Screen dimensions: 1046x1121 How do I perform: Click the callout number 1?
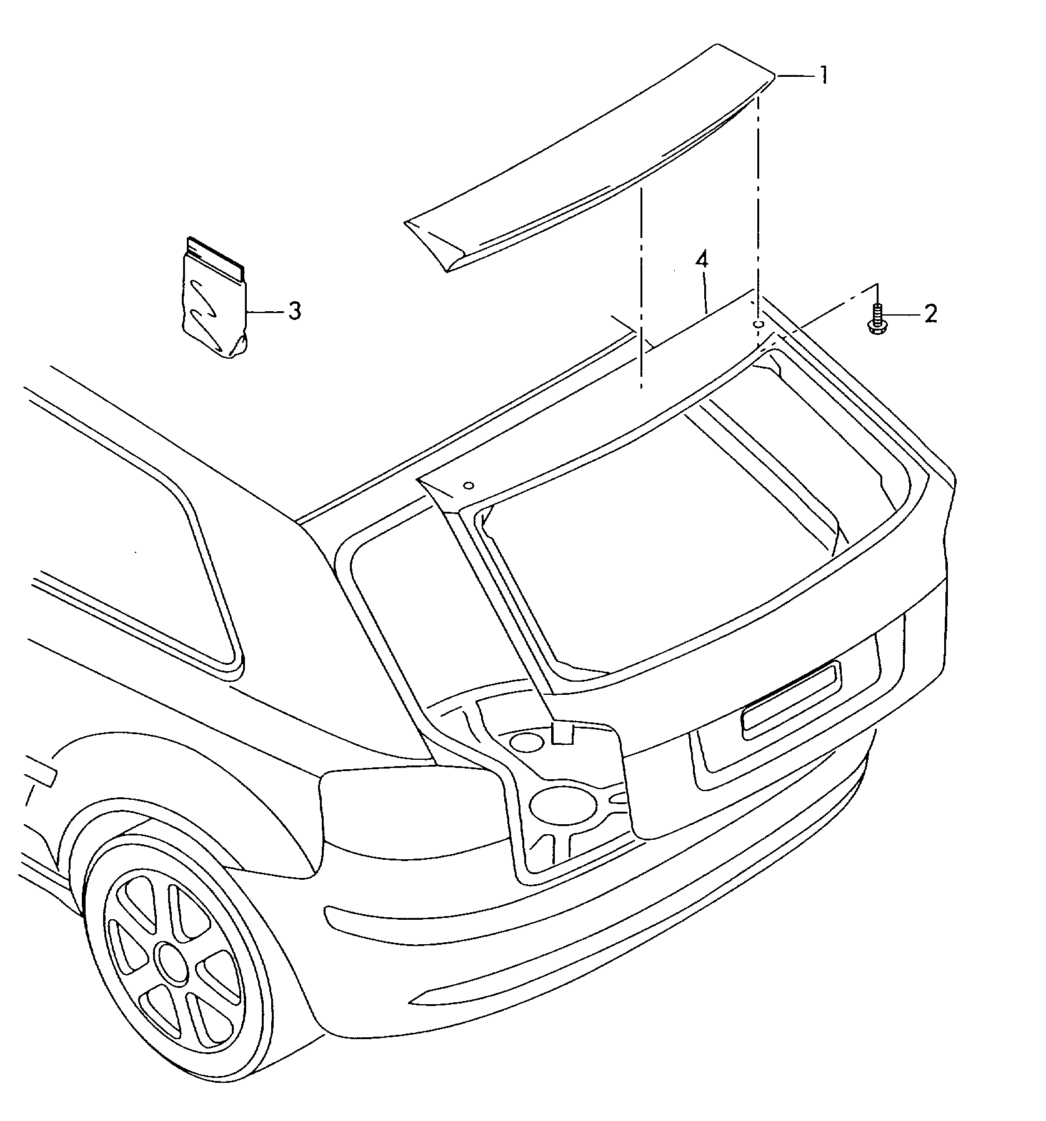(824, 76)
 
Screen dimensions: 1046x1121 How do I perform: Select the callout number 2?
(930, 314)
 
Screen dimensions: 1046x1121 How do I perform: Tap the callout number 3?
(294, 311)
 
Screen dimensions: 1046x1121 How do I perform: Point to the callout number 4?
(702, 260)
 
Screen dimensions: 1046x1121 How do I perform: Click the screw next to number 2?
(876, 319)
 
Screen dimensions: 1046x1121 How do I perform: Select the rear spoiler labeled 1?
(590, 158)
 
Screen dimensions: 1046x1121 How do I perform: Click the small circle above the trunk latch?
(527, 743)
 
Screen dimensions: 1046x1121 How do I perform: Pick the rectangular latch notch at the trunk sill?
(563, 733)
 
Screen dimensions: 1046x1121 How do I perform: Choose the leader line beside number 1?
(797, 76)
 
